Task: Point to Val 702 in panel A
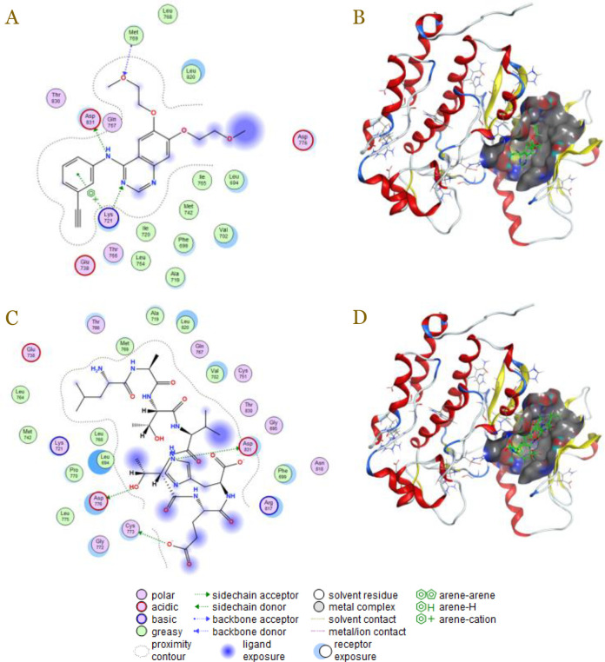point(224,234)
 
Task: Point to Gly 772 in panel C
point(98,546)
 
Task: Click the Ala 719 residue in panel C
point(155,314)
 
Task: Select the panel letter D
point(358,317)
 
